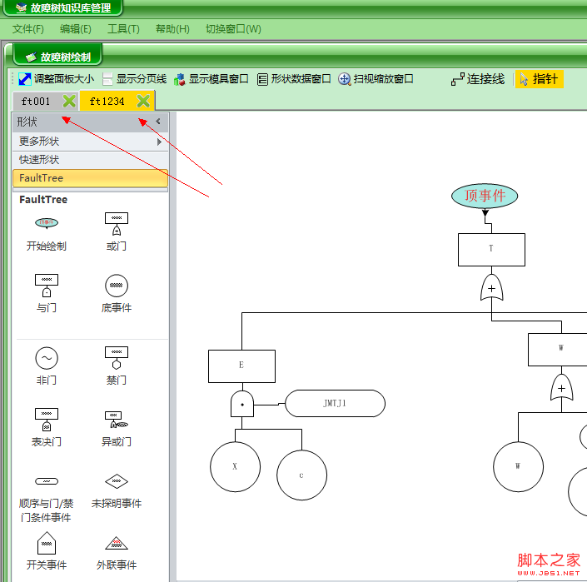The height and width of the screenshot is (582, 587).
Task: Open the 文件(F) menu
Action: point(28,29)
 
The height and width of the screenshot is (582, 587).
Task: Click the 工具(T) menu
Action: point(123,29)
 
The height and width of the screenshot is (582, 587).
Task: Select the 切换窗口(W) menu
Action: point(233,29)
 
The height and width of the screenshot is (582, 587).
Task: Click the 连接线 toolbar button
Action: point(478,79)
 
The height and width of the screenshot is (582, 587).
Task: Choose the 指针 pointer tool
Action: point(539,79)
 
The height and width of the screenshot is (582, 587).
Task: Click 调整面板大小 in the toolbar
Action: point(56,79)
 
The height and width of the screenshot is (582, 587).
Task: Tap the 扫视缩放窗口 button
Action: point(376,79)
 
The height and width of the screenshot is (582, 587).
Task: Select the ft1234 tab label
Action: point(107,102)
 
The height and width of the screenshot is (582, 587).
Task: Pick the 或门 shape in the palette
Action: point(117,224)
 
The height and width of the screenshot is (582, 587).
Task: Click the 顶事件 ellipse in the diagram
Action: point(485,196)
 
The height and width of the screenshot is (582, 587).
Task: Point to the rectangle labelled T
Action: point(491,249)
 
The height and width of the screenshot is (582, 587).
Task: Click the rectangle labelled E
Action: point(241,366)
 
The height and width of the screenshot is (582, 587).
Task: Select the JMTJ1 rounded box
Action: point(335,403)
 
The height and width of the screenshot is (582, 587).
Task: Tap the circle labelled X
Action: point(235,466)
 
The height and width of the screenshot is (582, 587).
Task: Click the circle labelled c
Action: point(301,475)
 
